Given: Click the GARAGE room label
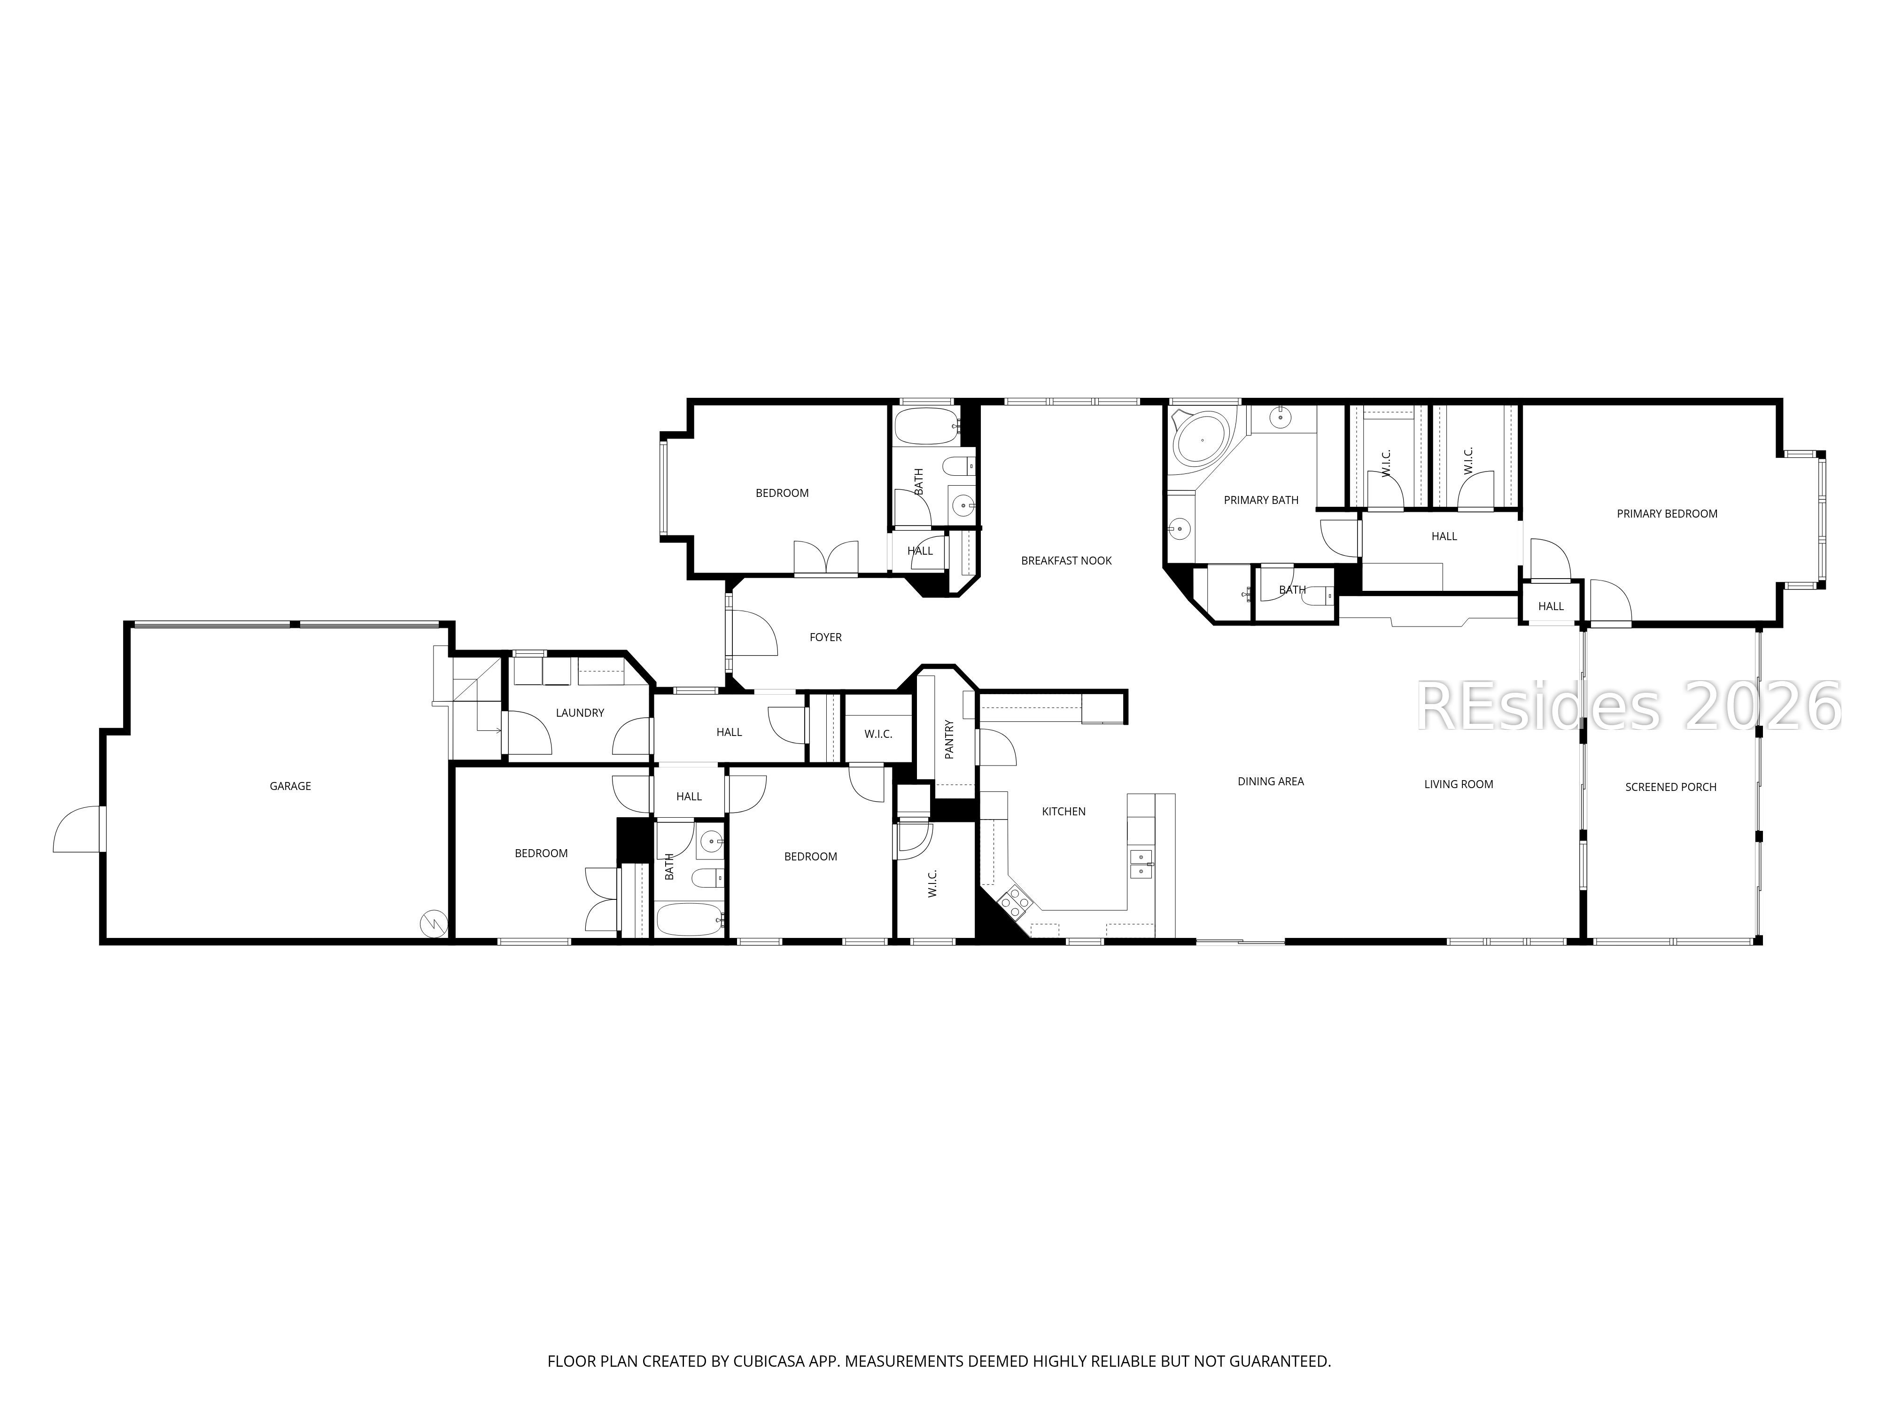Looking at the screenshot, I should pyautogui.click(x=290, y=786).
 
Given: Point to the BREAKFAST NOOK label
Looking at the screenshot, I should pyautogui.click(x=1065, y=560).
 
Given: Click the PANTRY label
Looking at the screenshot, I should pyautogui.click(x=949, y=739).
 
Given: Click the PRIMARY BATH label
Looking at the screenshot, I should pyautogui.click(x=1261, y=500).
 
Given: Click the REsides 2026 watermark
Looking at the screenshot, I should pyautogui.click(x=1627, y=707).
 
